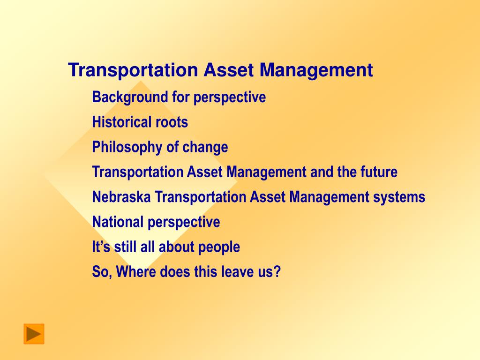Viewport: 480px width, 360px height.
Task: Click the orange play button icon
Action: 34,334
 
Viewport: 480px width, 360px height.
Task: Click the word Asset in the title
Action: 229,70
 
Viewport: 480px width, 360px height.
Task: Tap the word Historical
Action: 122,122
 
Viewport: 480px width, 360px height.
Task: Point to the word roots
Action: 172,122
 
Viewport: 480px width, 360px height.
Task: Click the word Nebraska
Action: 121,197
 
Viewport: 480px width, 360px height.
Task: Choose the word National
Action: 118,222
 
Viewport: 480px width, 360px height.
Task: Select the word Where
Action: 136,271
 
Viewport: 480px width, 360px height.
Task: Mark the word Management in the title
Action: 316,70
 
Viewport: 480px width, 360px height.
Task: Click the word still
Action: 125,247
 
